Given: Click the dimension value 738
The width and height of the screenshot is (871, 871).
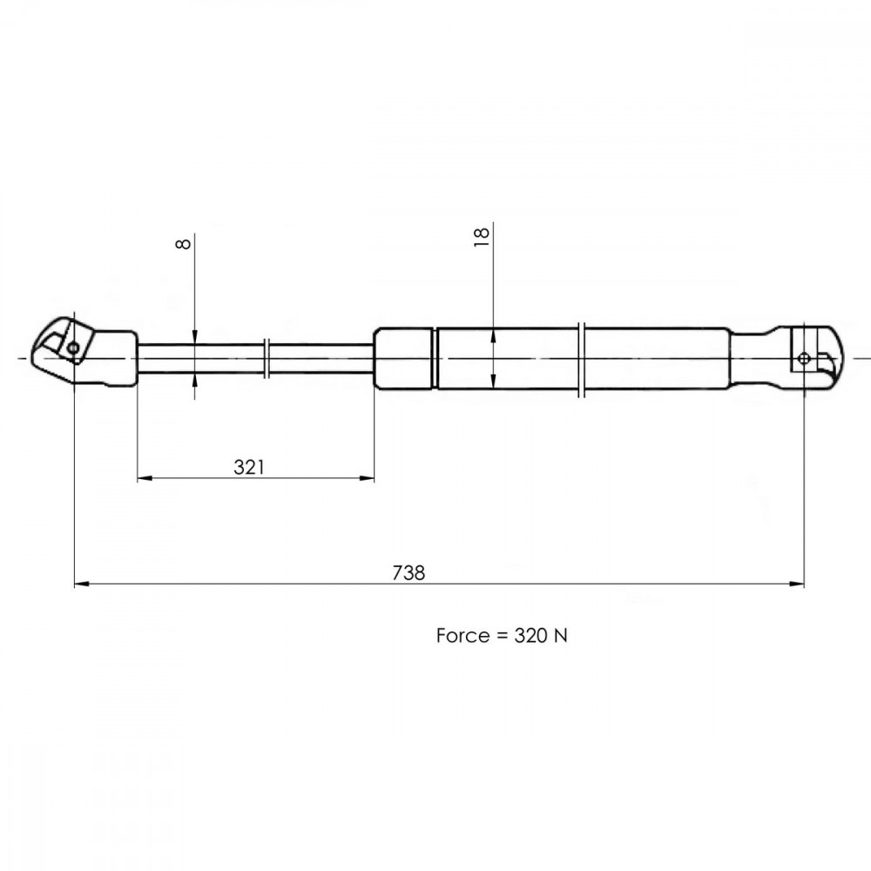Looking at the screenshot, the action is (408, 572).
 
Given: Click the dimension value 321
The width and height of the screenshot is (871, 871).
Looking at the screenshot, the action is (249, 467).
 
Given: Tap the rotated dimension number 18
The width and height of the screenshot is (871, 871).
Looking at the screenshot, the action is (481, 237).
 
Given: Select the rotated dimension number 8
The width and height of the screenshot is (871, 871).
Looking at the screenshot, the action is (183, 244).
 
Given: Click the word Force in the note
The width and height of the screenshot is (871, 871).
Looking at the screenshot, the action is (463, 636).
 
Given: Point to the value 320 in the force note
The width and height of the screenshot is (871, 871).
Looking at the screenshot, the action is (530, 636).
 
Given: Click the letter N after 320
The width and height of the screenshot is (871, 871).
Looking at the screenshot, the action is (561, 636).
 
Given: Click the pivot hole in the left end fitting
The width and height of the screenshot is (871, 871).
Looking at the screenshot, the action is (73, 348).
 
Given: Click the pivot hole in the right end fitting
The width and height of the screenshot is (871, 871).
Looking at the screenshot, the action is (804, 358).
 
